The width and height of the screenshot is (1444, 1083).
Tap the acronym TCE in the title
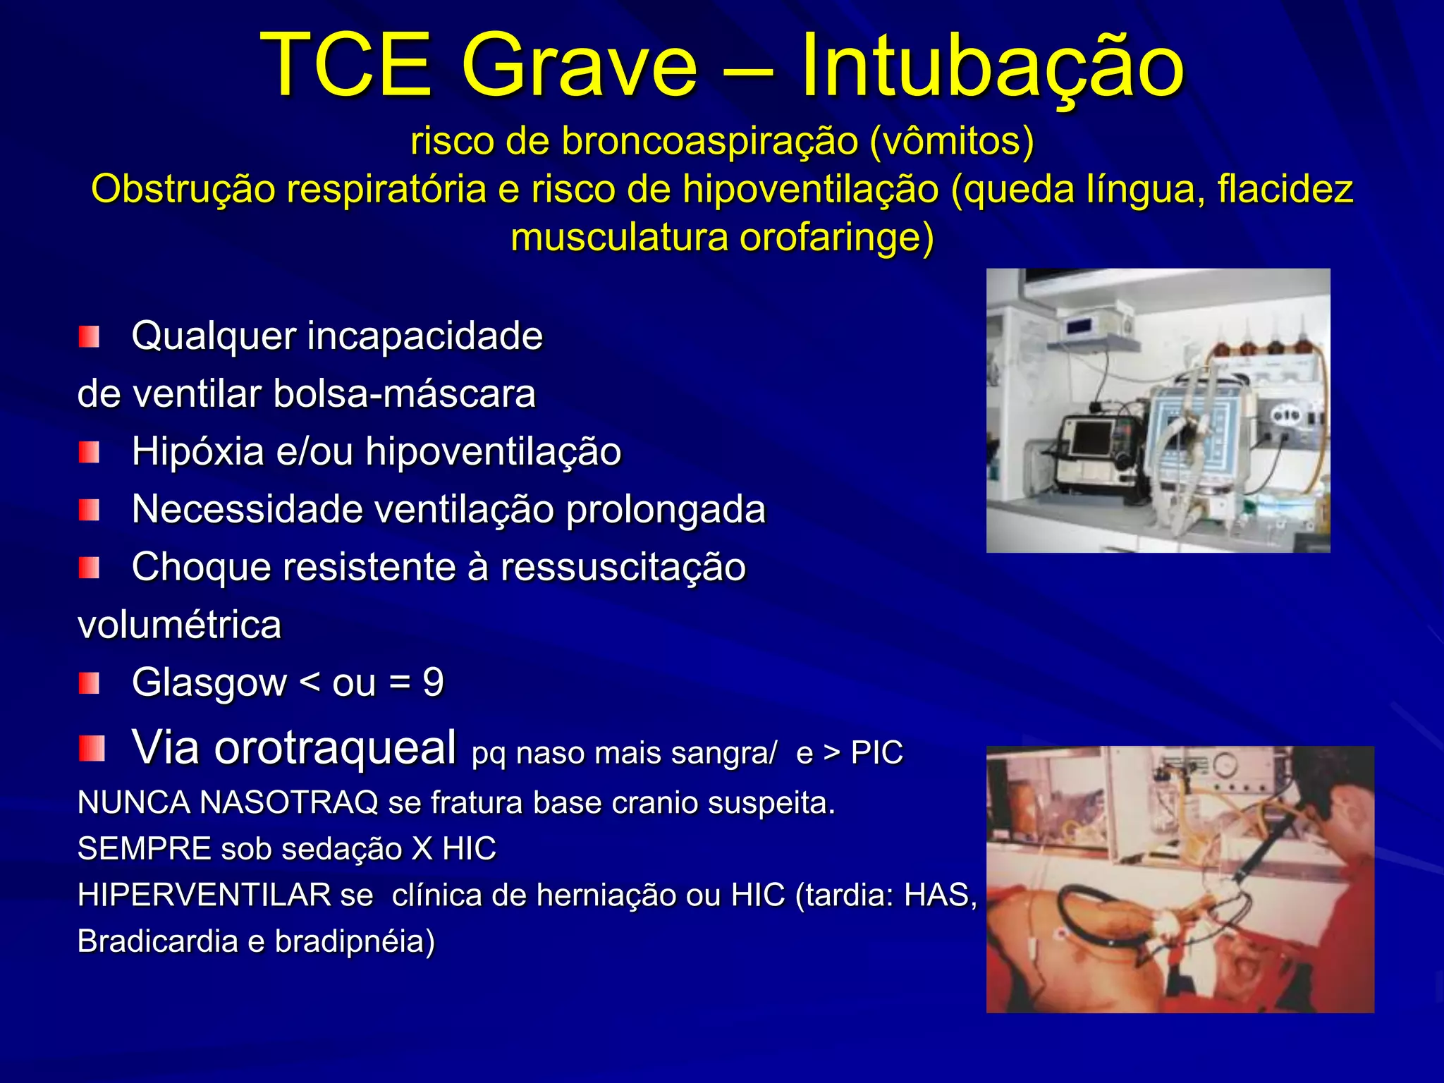[x=345, y=66]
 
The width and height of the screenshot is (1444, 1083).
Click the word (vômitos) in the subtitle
[x=951, y=141]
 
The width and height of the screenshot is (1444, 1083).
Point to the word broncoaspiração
[x=709, y=141]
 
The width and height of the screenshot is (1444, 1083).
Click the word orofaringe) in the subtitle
[x=836, y=238]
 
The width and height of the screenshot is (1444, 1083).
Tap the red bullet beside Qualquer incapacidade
[x=89, y=336]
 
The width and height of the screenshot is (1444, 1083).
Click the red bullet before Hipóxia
[x=89, y=452]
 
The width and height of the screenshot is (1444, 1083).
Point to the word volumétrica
[x=180, y=625]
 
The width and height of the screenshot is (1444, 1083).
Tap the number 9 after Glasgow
[x=433, y=683]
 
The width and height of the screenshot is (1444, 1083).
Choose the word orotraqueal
[x=336, y=747]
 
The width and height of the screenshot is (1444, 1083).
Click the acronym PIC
[x=876, y=753]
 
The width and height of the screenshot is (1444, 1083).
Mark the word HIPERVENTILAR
[x=204, y=895]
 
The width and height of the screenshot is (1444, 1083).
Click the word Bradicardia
[x=157, y=942]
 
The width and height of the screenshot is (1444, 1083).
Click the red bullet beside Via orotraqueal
[x=92, y=748]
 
